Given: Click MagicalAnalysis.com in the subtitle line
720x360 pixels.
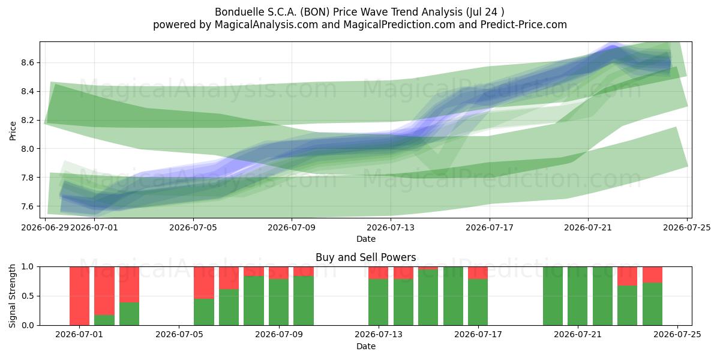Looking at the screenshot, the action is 266,25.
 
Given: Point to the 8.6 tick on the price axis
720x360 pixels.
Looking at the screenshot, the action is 28,62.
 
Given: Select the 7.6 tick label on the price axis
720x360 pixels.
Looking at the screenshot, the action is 28,206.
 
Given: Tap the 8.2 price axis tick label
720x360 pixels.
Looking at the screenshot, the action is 28,120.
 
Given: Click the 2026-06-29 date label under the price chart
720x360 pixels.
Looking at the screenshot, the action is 45,227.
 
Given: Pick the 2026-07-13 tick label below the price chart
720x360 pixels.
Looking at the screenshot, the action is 391,227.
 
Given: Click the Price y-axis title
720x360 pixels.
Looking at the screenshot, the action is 13,131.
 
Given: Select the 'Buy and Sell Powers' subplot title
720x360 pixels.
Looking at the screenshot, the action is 366,257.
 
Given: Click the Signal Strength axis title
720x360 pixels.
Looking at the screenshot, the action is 12,296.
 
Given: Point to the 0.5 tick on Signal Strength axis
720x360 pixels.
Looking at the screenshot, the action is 28,296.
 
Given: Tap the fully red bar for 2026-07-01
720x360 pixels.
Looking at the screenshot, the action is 80,296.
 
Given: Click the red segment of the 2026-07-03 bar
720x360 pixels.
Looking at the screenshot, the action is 129,284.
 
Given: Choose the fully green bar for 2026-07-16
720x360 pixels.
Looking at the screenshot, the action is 453,296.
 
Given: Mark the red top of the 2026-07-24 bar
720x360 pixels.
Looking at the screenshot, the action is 653,275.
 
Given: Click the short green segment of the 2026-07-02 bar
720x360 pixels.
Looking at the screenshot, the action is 104,320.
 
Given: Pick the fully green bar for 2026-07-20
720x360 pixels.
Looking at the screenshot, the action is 553,296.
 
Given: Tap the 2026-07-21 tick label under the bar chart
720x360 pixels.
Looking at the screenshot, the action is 578,335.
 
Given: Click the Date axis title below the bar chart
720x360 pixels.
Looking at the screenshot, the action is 366,346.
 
